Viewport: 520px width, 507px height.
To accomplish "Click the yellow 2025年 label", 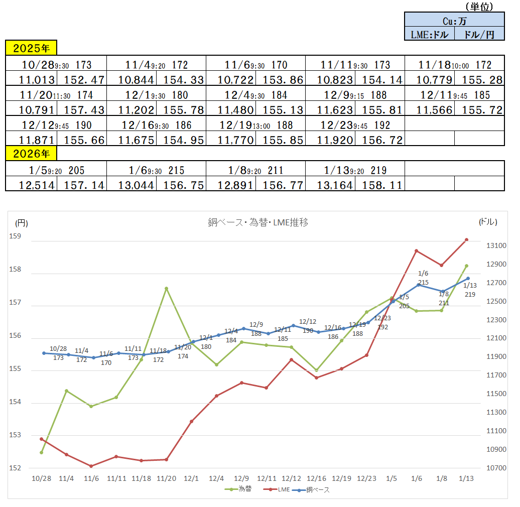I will (x=31, y=48).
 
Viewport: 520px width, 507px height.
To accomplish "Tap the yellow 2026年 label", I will (x=31, y=153).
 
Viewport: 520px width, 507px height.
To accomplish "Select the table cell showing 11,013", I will (x=31, y=80).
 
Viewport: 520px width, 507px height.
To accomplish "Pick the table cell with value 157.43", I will (x=81, y=110).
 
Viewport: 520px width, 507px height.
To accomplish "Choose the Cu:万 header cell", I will (x=454, y=21).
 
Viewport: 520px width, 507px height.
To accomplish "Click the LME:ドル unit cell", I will (x=429, y=34).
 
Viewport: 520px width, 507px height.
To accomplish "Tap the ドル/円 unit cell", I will (x=479, y=34).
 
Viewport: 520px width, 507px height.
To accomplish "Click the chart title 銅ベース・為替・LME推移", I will (x=258, y=222).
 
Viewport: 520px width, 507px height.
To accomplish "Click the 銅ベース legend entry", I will (x=314, y=489).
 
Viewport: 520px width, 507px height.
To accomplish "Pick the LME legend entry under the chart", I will (x=279, y=489).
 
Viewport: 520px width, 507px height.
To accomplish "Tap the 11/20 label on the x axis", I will (x=166, y=479).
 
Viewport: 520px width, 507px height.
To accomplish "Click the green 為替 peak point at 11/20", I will (x=166, y=289).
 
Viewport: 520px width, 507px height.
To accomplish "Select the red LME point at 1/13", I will (x=466, y=240).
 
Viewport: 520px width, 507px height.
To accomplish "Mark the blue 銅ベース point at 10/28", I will (x=44, y=353).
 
